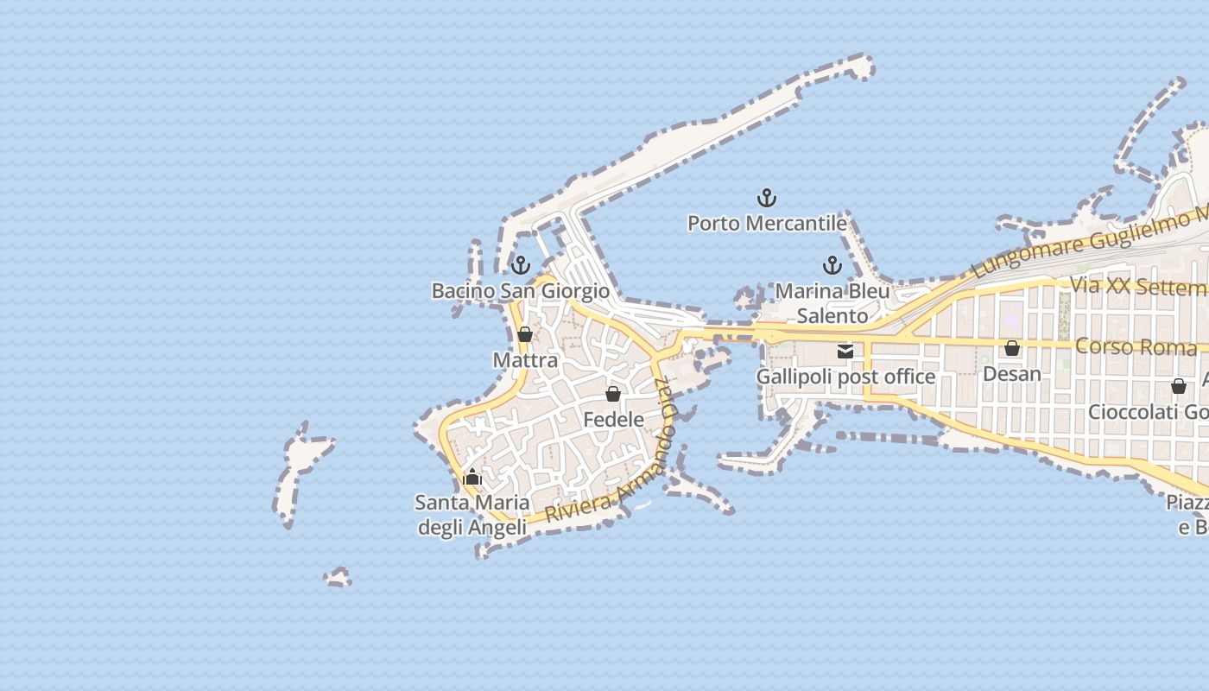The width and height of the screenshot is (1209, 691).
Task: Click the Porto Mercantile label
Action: click(x=767, y=224)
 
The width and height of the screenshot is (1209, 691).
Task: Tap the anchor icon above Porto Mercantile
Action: click(x=767, y=199)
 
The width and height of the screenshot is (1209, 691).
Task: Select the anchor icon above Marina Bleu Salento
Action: click(x=832, y=265)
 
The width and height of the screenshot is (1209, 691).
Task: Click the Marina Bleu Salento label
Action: click(x=832, y=303)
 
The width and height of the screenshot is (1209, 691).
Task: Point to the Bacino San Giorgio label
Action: click(x=521, y=291)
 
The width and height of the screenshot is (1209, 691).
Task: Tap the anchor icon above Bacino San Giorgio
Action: click(x=520, y=265)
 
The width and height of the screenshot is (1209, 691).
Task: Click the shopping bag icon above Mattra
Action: click(x=524, y=334)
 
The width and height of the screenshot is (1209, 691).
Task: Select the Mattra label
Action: click(x=525, y=360)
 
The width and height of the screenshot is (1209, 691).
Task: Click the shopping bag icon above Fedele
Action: click(x=613, y=394)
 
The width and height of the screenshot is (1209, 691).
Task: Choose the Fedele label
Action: click(x=614, y=420)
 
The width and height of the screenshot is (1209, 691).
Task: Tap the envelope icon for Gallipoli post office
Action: click(x=845, y=352)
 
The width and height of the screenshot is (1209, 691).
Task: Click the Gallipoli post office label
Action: click(x=845, y=377)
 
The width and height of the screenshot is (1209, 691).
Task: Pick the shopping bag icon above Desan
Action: click(x=1012, y=348)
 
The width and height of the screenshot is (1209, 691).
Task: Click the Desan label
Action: click(x=1012, y=374)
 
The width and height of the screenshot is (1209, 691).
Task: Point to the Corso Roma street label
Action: click(x=1136, y=347)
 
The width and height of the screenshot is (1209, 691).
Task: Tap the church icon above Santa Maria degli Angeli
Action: click(x=472, y=477)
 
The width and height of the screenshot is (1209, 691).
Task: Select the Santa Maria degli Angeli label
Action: click(x=472, y=515)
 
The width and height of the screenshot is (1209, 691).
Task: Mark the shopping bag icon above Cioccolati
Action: click(x=1179, y=386)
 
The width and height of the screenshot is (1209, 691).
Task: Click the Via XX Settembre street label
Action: click(x=1138, y=286)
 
